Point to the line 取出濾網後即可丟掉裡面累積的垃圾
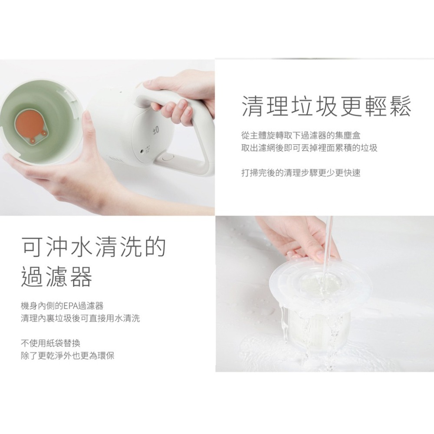tap(309, 148)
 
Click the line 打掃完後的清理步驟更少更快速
tap(300, 173)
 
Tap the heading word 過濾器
tap(57, 277)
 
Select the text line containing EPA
tap(62, 306)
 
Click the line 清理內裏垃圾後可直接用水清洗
tap(80, 319)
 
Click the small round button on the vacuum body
tap(142, 152)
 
